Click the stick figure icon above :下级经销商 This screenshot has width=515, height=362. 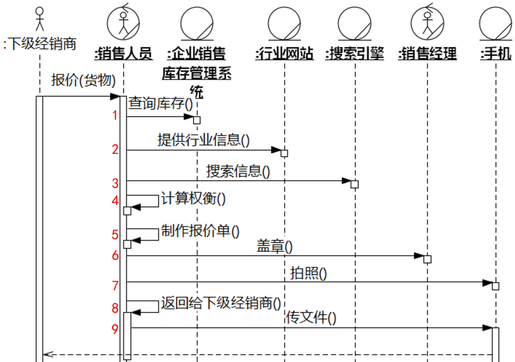[x=40, y=19]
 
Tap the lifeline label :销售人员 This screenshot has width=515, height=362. [x=124, y=54]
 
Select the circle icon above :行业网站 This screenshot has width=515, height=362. [x=284, y=23]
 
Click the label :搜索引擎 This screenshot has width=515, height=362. [x=355, y=54]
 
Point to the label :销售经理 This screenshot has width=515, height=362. [x=428, y=54]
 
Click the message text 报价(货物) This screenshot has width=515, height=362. [x=83, y=80]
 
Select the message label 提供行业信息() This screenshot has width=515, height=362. [x=204, y=140]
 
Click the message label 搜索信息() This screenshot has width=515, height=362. [x=238, y=171]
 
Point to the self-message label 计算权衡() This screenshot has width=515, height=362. [x=193, y=198]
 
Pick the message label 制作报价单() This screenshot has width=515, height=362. [x=200, y=231]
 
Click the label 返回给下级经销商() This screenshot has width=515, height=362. [x=220, y=302]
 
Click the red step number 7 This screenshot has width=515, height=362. [x=115, y=286]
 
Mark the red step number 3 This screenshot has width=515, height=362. [x=115, y=183]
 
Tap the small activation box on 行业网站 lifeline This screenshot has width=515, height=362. [x=284, y=153]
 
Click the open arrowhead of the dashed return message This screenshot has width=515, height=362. [x=46, y=354]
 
